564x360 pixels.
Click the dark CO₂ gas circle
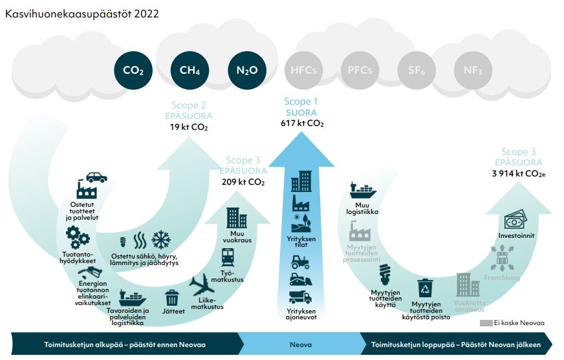(x=133, y=70)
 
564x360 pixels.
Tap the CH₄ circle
(x=190, y=70)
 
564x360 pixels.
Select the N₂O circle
(x=247, y=70)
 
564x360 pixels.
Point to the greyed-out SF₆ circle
(x=416, y=70)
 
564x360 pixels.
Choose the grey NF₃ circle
(x=473, y=70)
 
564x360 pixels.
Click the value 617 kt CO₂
(x=302, y=123)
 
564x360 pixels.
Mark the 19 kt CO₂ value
(x=189, y=127)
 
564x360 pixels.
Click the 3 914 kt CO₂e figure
(x=519, y=173)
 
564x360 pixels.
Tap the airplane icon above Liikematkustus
(x=202, y=285)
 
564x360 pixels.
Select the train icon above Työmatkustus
(x=228, y=258)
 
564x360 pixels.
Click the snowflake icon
(x=161, y=240)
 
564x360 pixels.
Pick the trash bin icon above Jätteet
(x=172, y=298)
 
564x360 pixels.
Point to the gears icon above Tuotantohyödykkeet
(x=78, y=237)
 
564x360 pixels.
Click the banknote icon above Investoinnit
(x=515, y=220)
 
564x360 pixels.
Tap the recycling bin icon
(x=425, y=288)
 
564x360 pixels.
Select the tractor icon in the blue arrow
(x=300, y=262)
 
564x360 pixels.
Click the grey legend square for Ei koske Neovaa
(x=486, y=323)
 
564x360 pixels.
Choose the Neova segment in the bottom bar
(x=301, y=344)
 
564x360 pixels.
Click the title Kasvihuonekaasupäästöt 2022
(x=82, y=14)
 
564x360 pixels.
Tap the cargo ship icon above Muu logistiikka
(x=363, y=191)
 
